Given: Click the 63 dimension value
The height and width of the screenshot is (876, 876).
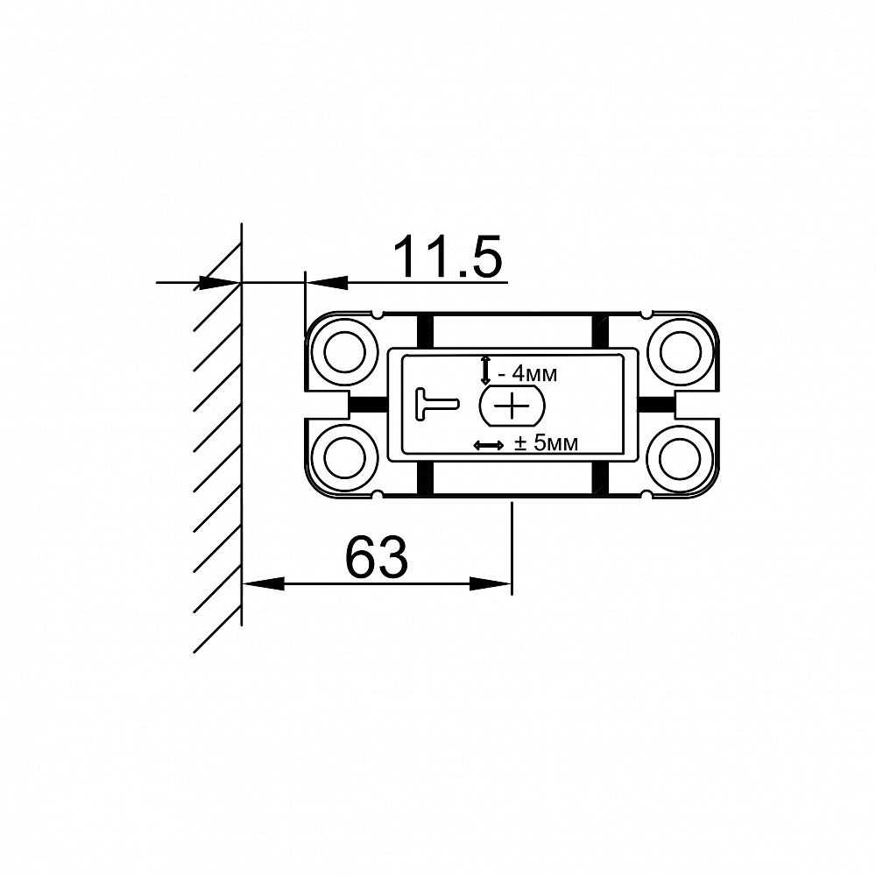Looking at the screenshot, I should click(x=377, y=557).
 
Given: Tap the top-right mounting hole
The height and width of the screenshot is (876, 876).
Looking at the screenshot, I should click(x=680, y=353).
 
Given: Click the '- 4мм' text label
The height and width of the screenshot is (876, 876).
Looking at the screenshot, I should click(x=526, y=375).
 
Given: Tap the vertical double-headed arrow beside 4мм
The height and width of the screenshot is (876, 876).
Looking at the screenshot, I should click(x=485, y=370).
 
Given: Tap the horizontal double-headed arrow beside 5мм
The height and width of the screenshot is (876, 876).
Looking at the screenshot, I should click(x=488, y=446).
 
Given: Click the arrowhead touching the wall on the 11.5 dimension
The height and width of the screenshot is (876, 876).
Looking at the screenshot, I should click(x=220, y=282).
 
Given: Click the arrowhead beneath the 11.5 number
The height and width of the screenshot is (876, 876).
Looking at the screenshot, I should click(x=326, y=282).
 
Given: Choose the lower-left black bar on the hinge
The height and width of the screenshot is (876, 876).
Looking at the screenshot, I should click(x=425, y=478).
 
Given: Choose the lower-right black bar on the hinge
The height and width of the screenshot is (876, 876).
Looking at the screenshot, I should click(x=600, y=478).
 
